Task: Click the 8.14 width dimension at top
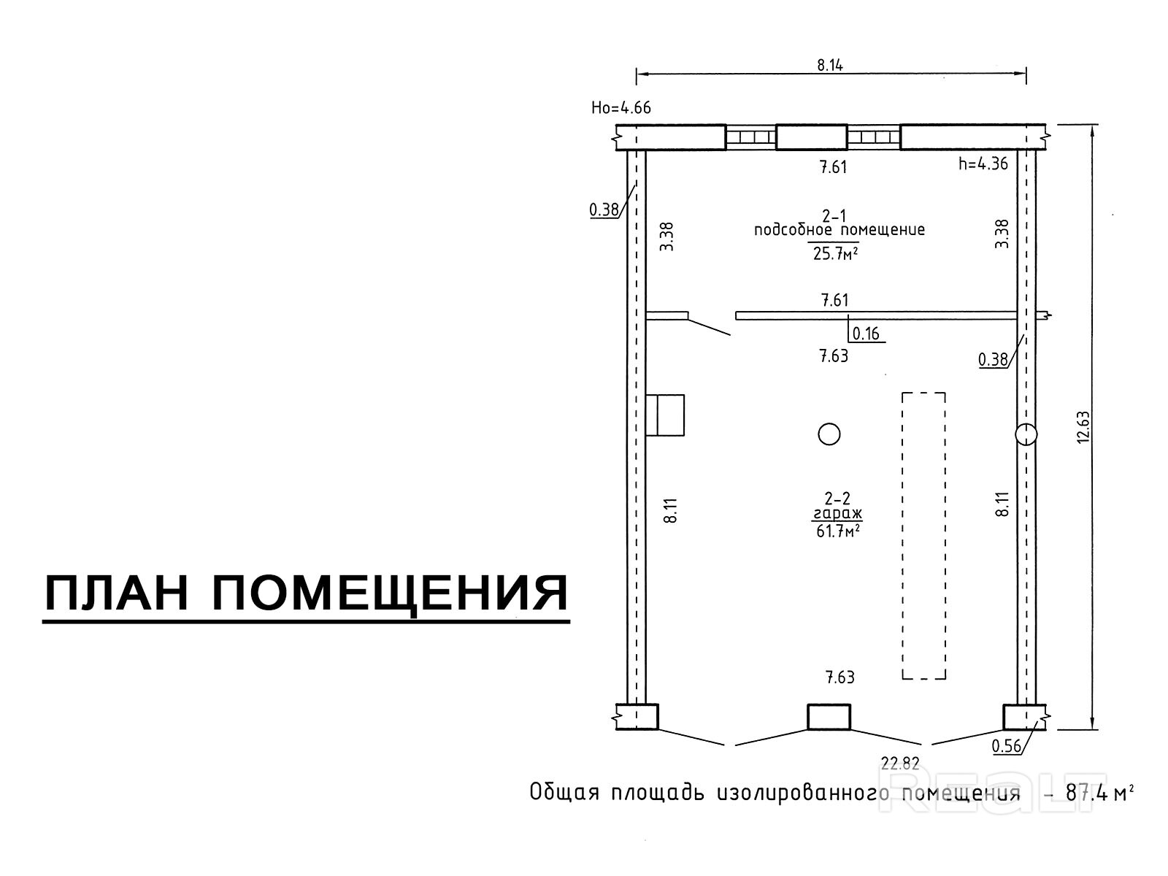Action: pyautogui.click(x=829, y=65)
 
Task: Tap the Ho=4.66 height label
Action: pyautogui.click(x=620, y=108)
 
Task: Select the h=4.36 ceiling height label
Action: pyautogui.click(x=983, y=164)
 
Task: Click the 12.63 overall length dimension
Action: pyautogui.click(x=1083, y=426)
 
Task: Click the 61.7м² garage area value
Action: pyautogui.click(x=837, y=531)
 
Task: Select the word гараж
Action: pyautogui.click(x=837, y=515)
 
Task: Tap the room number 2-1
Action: pyautogui.click(x=834, y=215)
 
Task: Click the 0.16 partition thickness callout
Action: pyautogui.click(x=867, y=334)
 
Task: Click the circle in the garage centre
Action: pyautogui.click(x=829, y=434)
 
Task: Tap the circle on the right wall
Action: pyautogui.click(x=1026, y=434)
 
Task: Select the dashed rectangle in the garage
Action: pyautogui.click(x=923, y=536)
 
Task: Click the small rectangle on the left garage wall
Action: pyautogui.click(x=665, y=415)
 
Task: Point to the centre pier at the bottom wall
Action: pyautogui.click(x=829, y=716)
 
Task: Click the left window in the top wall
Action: pyautogui.click(x=750, y=137)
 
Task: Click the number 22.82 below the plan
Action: pyautogui.click(x=900, y=764)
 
